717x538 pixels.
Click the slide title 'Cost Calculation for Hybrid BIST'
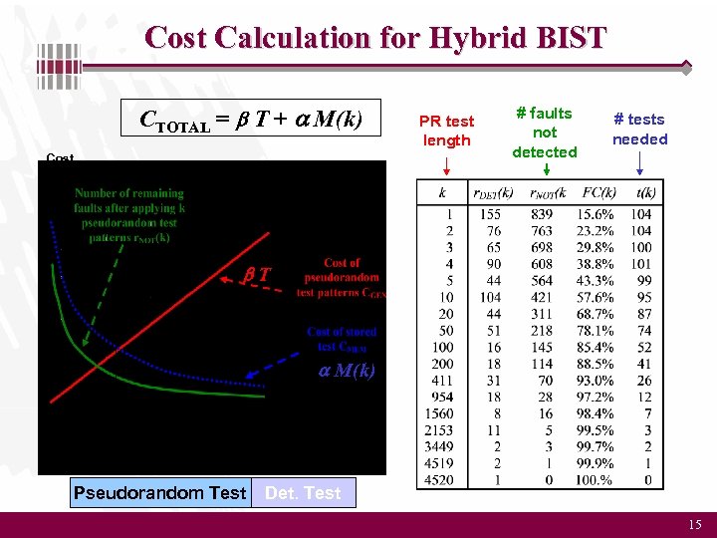click(375, 38)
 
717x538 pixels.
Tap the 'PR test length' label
click(446, 131)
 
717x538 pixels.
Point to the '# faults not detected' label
click(545, 133)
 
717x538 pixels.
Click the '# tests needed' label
click(639, 130)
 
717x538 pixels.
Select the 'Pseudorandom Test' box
click(159, 492)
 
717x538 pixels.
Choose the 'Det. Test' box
click(303, 492)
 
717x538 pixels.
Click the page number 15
click(694, 525)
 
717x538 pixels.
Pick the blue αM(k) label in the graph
click(347, 371)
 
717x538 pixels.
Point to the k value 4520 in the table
click(439, 479)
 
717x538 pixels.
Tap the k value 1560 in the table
click(439, 413)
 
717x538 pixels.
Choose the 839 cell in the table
click(541, 214)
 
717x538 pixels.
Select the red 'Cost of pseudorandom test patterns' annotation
click(341, 278)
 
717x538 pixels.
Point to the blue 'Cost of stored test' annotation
click(342, 339)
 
